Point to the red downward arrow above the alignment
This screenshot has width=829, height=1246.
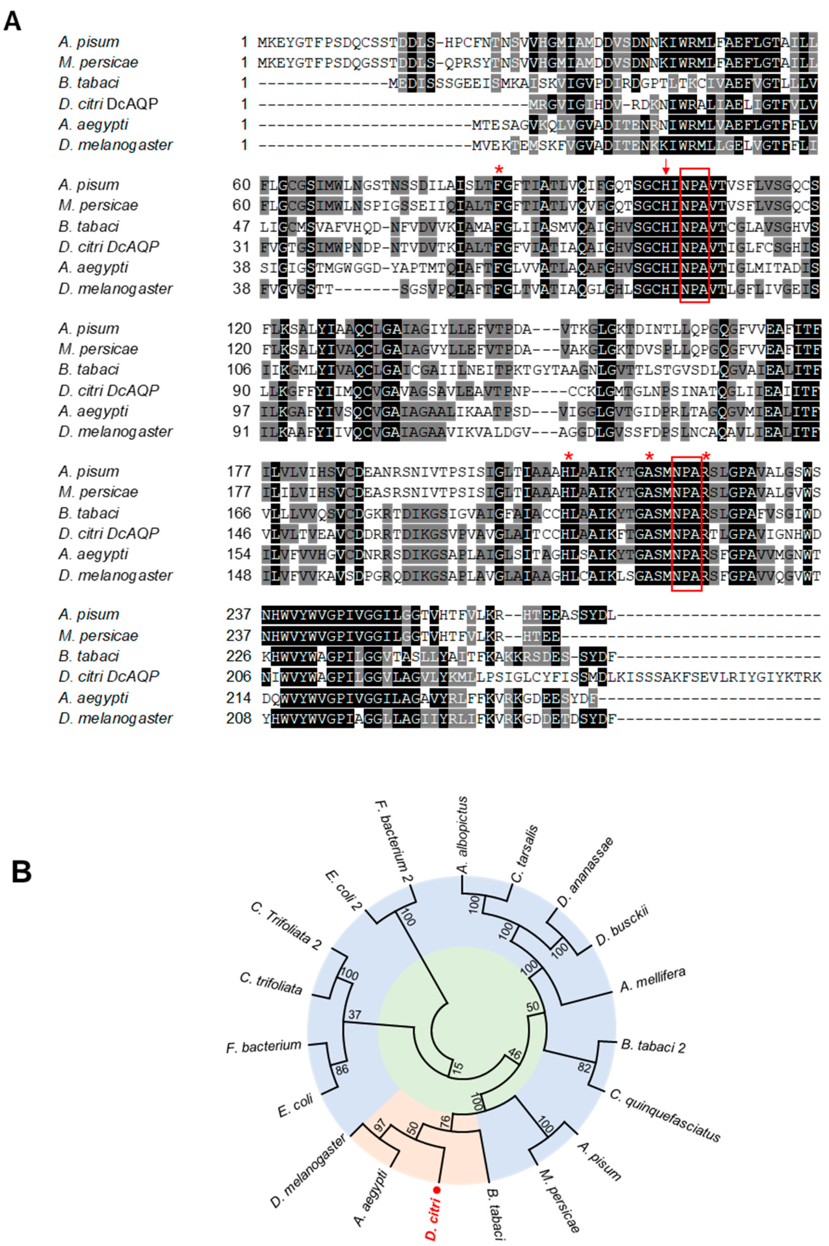666,167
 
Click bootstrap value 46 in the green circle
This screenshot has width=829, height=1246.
514,1054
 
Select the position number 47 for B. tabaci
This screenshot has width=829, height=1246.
241,226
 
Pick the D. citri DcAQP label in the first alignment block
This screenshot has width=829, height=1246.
108,104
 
